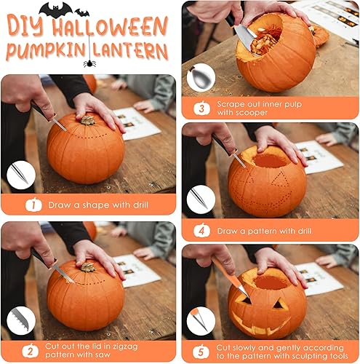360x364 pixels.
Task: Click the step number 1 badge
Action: point(32,205)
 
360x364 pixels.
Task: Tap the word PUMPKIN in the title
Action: point(44,51)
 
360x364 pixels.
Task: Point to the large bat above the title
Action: point(56,9)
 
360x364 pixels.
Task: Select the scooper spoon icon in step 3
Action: point(200,79)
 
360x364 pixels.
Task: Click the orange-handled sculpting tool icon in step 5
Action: point(200,320)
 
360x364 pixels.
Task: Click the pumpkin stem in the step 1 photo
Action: point(88,120)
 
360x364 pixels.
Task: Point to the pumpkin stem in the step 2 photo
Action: point(87,267)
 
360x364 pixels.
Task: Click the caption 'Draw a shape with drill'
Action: point(98,205)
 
